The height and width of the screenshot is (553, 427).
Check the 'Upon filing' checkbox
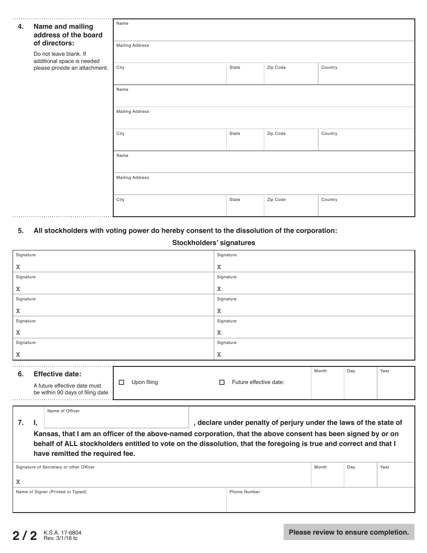(x=121, y=383)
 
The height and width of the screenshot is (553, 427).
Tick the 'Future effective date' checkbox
(x=222, y=383)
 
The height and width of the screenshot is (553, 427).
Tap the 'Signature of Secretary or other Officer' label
(x=55, y=467)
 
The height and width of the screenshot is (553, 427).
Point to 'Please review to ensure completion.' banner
(x=349, y=532)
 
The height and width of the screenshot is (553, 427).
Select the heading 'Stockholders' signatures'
(x=213, y=243)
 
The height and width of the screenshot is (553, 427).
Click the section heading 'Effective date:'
(x=58, y=374)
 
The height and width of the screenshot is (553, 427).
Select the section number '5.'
(x=21, y=231)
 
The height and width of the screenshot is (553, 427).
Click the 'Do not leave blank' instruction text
(x=60, y=54)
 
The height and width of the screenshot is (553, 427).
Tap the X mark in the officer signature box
(x=18, y=482)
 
